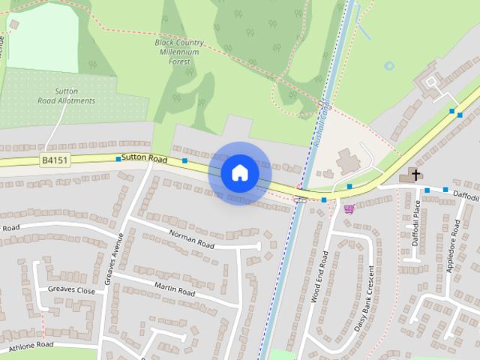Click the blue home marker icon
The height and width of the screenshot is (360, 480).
click(x=239, y=173)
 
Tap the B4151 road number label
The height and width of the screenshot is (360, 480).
click(x=54, y=160)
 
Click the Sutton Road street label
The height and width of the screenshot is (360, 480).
click(x=144, y=159)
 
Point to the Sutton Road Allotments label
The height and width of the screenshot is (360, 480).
click(x=67, y=96)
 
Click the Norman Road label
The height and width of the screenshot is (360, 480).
click(x=192, y=240)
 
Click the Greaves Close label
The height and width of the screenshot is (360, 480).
click(x=71, y=290)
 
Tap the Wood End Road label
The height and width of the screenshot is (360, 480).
click(x=319, y=277)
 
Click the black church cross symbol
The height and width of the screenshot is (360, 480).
click(x=415, y=175)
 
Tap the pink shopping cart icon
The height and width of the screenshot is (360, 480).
click(x=348, y=208)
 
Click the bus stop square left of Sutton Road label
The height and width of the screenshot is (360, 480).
click(x=118, y=159)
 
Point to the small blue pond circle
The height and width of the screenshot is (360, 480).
click(x=388, y=66)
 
